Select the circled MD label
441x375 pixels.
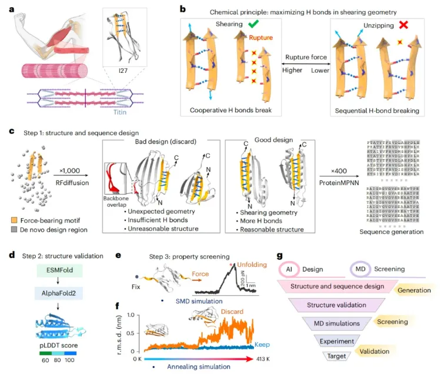pos(359,268)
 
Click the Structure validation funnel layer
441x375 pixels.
pos(335,305)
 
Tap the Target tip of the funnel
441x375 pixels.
pos(338,356)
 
